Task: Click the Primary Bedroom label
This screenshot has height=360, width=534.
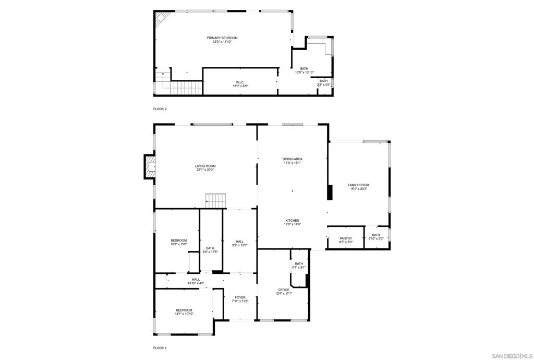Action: click(222, 38)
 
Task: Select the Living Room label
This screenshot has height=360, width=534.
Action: click(205, 166)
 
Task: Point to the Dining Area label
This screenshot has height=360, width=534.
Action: click(292, 159)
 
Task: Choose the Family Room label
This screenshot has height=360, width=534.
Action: click(358, 185)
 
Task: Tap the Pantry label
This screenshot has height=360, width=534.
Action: click(345, 238)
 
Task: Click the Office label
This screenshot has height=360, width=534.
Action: click(284, 290)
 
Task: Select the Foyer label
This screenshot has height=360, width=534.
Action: click(240, 297)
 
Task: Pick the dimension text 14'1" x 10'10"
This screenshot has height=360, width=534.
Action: click(184, 314)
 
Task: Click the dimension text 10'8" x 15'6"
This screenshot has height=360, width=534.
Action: click(178, 244)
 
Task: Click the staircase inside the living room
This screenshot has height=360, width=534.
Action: click(215, 199)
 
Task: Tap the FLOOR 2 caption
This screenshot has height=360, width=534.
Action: click(160, 109)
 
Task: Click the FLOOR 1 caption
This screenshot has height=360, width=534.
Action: click(160, 347)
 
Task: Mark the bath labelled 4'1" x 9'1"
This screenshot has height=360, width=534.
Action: click(299, 266)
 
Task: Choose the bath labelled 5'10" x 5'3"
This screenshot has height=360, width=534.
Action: click(376, 237)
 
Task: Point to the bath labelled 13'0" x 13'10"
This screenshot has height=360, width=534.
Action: click(304, 71)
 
